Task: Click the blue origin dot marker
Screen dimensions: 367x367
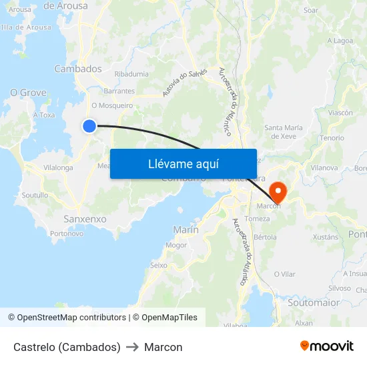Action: pyautogui.click(x=89, y=125)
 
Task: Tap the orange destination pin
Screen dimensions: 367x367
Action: pyautogui.click(x=277, y=192)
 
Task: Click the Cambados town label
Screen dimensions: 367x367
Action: pyautogui.click(x=78, y=69)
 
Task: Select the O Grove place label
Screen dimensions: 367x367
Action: pyautogui.click(x=28, y=93)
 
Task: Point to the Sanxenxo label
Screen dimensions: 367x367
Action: pyautogui.click(x=85, y=219)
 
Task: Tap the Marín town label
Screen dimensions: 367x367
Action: pyautogui.click(x=186, y=230)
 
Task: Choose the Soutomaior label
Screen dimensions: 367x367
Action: pyautogui.click(x=314, y=302)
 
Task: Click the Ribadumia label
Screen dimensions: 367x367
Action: pyautogui.click(x=130, y=74)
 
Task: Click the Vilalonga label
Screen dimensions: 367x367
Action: pyautogui.click(x=58, y=167)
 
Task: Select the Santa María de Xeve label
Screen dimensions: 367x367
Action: pyautogui.click(x=284, y=131)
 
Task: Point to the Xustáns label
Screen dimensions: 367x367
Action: pyautogui.click(x=326, y=237)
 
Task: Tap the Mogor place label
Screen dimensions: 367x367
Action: pyautogui.click(x=176, y=245)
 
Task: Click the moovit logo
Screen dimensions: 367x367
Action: pyautogui.click(x=326, y=346)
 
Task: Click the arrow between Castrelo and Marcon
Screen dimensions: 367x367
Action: pyautogui.click(x=132, y=347)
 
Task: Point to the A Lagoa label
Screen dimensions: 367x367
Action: pyautogui.click(x=340, y=41)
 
